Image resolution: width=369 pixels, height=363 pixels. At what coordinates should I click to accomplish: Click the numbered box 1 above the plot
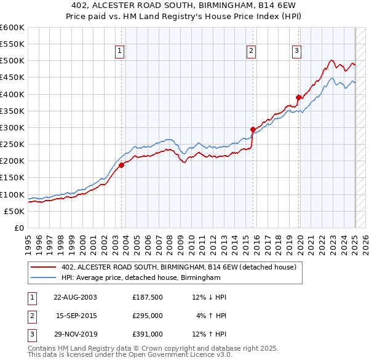point(119,51)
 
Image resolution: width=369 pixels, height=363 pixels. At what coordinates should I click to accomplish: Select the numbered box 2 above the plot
point(252,51)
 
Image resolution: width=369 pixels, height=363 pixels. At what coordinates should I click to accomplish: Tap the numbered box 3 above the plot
point(296,51)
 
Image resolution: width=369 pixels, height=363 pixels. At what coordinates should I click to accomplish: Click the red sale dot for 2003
point(122,165)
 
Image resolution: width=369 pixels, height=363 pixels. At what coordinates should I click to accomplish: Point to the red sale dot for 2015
point(253,129)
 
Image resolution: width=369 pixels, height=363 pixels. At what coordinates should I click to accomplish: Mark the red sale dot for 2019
point(299,97)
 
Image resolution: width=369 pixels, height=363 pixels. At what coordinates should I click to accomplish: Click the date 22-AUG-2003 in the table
point(75,297)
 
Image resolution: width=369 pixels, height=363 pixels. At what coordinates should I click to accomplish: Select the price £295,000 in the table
point(148,316)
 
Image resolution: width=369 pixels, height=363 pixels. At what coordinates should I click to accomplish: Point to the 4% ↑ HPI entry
point(212,316)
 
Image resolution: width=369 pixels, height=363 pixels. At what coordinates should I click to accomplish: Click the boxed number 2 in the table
point(31,316)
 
